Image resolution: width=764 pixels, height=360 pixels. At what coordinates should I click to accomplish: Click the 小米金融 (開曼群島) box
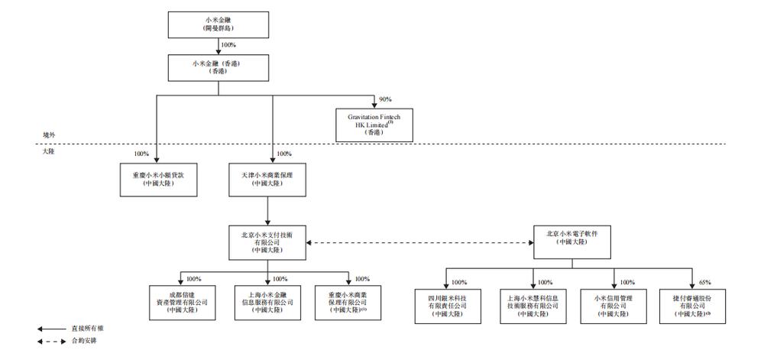pos(219,24)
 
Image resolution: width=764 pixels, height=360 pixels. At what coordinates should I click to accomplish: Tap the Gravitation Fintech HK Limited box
pos(374,123)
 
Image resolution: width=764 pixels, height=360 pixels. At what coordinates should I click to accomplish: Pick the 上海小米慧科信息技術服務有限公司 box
pos(531,303)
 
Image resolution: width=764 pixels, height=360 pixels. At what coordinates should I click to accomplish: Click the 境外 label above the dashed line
pos(49,134)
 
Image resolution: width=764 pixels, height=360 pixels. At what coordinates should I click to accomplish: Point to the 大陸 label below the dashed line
pos(49,153)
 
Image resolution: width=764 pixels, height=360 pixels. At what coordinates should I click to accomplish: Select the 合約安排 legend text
pos(83,341)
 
